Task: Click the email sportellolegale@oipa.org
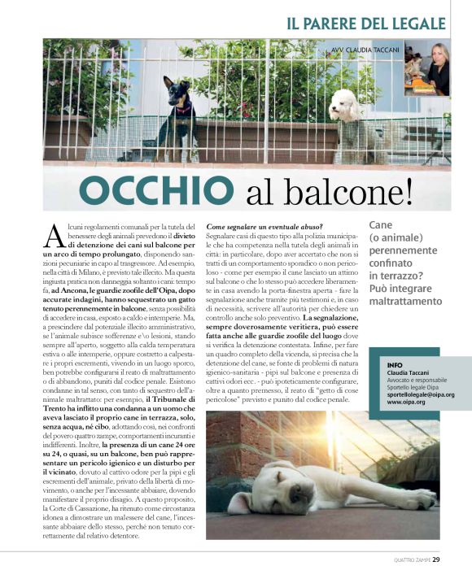point(420,395)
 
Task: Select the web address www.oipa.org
point(405,403)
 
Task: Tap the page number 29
point(436,559)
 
